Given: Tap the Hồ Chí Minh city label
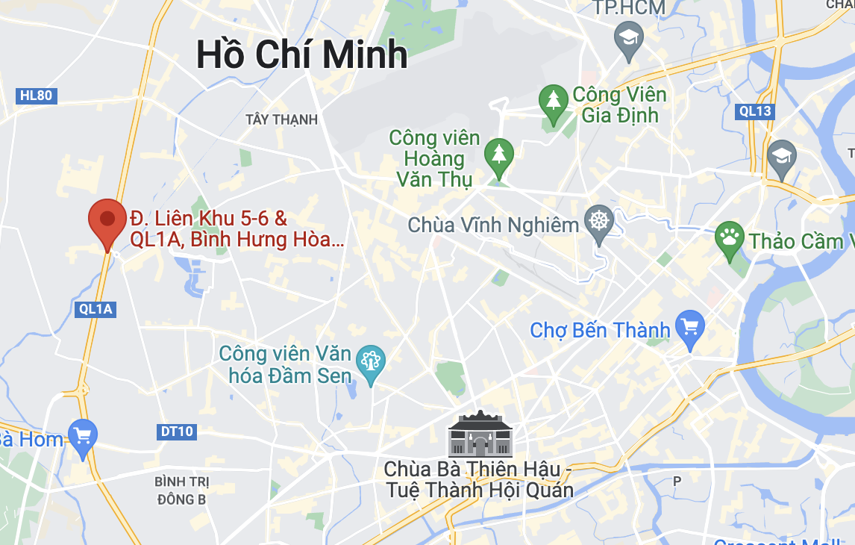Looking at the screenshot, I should [x=301, y=54].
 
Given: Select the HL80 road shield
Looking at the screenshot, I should [x=37, y=96].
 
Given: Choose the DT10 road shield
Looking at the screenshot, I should [x=177, y=431].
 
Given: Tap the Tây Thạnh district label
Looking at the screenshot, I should [x=281, y=119].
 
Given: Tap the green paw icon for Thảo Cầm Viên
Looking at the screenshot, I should [x=729, y=238].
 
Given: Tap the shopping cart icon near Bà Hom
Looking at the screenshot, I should [x=82, y=435].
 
